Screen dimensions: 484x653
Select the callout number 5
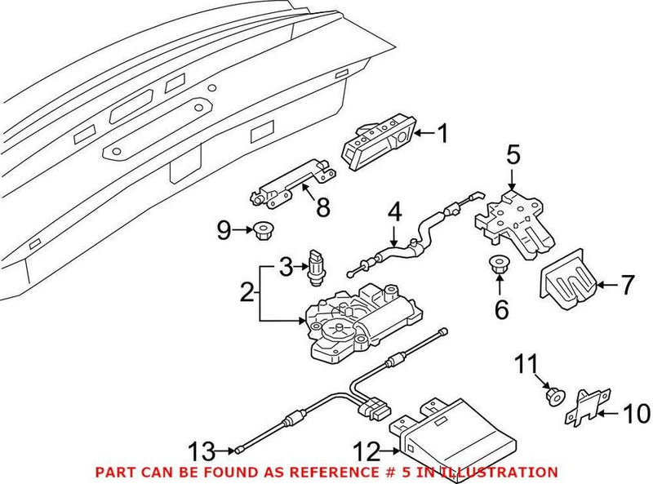pyautogui.click(x=513, y=153)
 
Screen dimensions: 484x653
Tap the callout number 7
pyautogui.click(x=627, y=285)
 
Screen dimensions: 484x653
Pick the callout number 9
pyautogui.click(x=224, y=231)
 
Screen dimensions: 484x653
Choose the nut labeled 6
pyautogui.click(x=497, y=266)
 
